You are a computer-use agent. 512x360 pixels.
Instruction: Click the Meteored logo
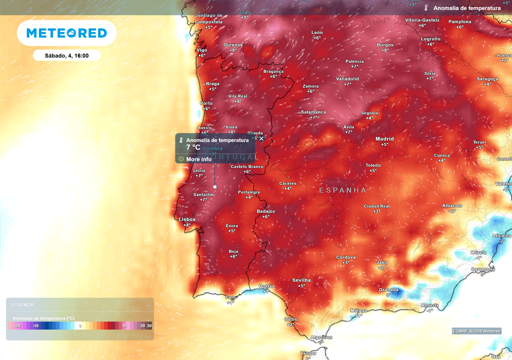pyautogui.click(x=66, y=33)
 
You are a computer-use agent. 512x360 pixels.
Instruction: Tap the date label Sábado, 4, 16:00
pyautogui.click(x=66, y=55)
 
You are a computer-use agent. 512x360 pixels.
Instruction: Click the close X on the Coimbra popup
pyautogui.click(x=261, y=138)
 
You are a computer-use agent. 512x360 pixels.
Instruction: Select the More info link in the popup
pyautogui.click(x=198, y=159)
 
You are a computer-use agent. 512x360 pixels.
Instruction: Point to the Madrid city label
pyautogui.click(x=384, y=139)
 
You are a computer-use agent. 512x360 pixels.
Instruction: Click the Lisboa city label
pyautogui.click(x=187, y=219)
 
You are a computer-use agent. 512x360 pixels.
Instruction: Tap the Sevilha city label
pyautogui.click(x=301, y=280)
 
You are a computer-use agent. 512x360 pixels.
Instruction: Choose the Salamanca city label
pyautogui.click(x=313, y=112)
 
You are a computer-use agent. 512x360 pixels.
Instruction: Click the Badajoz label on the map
pyautogui.click(x=265, y=211)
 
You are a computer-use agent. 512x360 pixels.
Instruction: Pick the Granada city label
pyautogui.click(x=388, y=289)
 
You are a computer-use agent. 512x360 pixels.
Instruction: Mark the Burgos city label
pyautogui.click(x=385, y=45)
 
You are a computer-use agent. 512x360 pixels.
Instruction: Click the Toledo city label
pyautogui.click(x=373, y=165)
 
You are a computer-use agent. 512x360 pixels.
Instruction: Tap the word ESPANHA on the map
pyautogui.click(x=342, y=190)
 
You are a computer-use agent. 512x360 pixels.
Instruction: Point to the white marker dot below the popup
pyautogui.click(x=215, y=186)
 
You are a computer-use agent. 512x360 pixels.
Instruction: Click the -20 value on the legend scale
pyautogui.click(x=17, y=326)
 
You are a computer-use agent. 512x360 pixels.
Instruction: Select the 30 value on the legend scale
pyautogui.click(x=149, y=326)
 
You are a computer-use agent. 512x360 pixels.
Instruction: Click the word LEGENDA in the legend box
pyautogui.click(x=22, y=304)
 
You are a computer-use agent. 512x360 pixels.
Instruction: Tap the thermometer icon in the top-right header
pyautogui.click(x=426, y=8)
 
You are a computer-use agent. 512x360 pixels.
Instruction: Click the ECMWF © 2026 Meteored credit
pyautogui.click(x=476, y=331)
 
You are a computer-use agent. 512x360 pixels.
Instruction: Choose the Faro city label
pyautogui.click(x=230, y=297)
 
